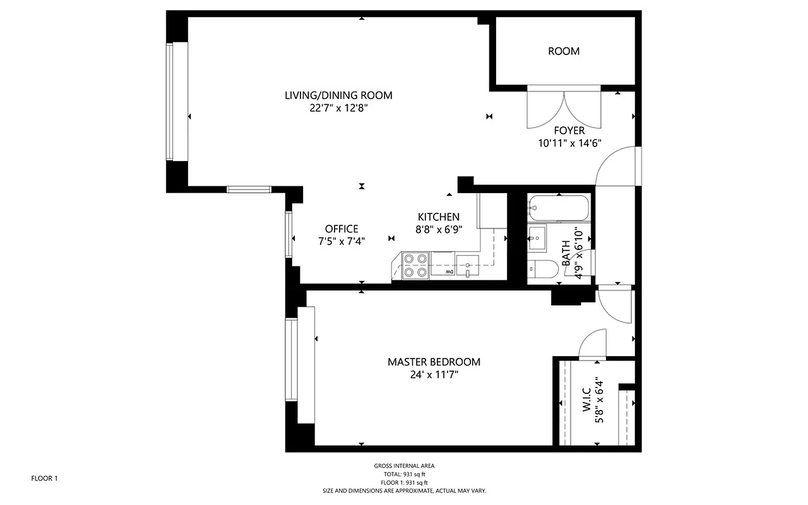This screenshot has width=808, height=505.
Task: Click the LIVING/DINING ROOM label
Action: [x=338, y=95]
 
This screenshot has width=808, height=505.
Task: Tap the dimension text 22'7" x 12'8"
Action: [x=338, y=108]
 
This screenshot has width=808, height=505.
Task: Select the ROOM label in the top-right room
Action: [x=563, y=51]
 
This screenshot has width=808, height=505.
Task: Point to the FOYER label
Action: [x=569, y=131]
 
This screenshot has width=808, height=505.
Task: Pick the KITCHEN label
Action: [x=438, y=217]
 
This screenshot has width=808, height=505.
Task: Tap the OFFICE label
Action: [x=342, y=229]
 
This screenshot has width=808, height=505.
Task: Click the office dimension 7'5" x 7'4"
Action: [x=342, y=241]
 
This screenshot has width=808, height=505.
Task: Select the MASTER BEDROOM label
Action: [x=434, y=362]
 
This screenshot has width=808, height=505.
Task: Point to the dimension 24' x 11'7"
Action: [x=434, y=374]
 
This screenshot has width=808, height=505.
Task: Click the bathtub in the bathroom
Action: [x=559, y=207]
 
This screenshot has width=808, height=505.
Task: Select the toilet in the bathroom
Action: [x=542, y=270]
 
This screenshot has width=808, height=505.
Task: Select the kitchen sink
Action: [x=468, y=264]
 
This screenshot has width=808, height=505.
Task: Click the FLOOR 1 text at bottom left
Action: [x=44, y=478]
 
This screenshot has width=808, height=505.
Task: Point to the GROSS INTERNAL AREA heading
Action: [x=404, y=466]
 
